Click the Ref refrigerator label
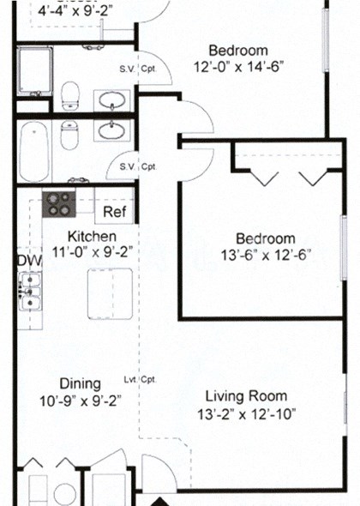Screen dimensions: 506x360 (114, 211)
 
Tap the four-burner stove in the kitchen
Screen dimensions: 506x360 (60, 203)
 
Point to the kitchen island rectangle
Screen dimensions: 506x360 (110, 293)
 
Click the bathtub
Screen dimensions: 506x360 (35, 152)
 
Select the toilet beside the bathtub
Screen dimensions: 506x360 (69, 134)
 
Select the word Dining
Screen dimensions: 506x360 (80, 383)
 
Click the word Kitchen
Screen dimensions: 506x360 (92, 237)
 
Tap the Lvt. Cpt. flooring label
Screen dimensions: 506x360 (139, 379)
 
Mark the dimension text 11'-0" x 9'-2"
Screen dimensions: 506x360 (92, 252)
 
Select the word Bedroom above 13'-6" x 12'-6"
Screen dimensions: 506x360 (266, 238)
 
